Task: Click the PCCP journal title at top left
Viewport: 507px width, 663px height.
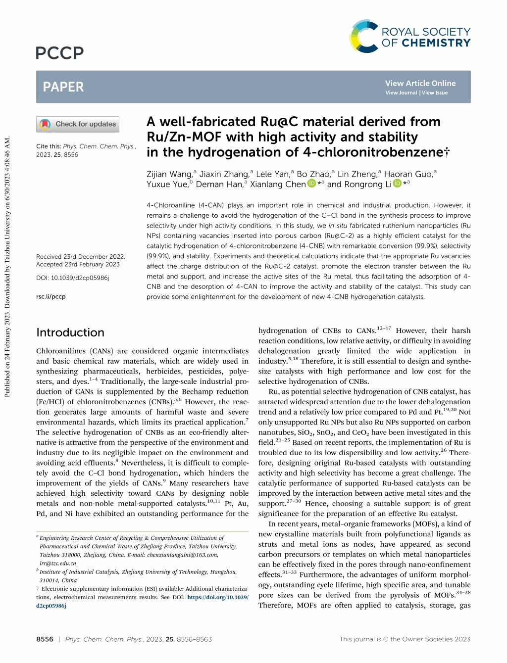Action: [60, 52]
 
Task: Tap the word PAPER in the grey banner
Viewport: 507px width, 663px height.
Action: [63, 87]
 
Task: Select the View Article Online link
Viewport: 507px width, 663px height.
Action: [420, 83]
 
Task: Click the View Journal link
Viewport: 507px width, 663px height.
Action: [401, 93]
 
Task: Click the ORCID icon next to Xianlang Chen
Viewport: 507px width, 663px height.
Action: [311, 184]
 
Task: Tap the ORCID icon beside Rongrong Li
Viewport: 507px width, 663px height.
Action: [397, 184]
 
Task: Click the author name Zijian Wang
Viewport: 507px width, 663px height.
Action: [169, 174]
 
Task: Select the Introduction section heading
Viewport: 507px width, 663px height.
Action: [70, 332]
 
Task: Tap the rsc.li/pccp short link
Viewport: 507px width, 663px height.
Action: [51, 297]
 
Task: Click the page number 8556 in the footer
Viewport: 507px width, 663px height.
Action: [45, 639]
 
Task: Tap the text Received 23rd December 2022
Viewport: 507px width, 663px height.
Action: [81, 257]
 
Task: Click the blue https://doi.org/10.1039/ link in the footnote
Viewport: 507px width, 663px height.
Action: [218, 598]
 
